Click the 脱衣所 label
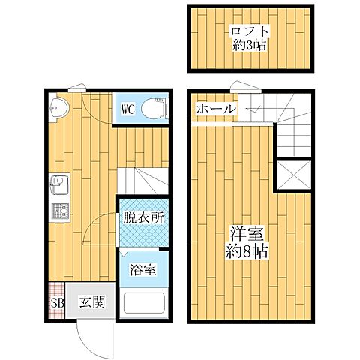tap(143, 220)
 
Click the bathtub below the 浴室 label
tap(143, 303)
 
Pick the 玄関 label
tap(92, 303)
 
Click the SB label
tap(57, 304)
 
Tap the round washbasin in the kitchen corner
tap(59, 109)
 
